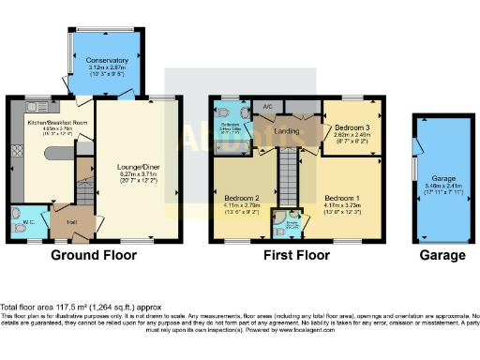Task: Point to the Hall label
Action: tap(71, 222)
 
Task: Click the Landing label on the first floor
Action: tap(286, 131)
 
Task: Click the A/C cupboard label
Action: tap(267, 107)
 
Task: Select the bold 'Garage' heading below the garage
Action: tap(441, 255)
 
